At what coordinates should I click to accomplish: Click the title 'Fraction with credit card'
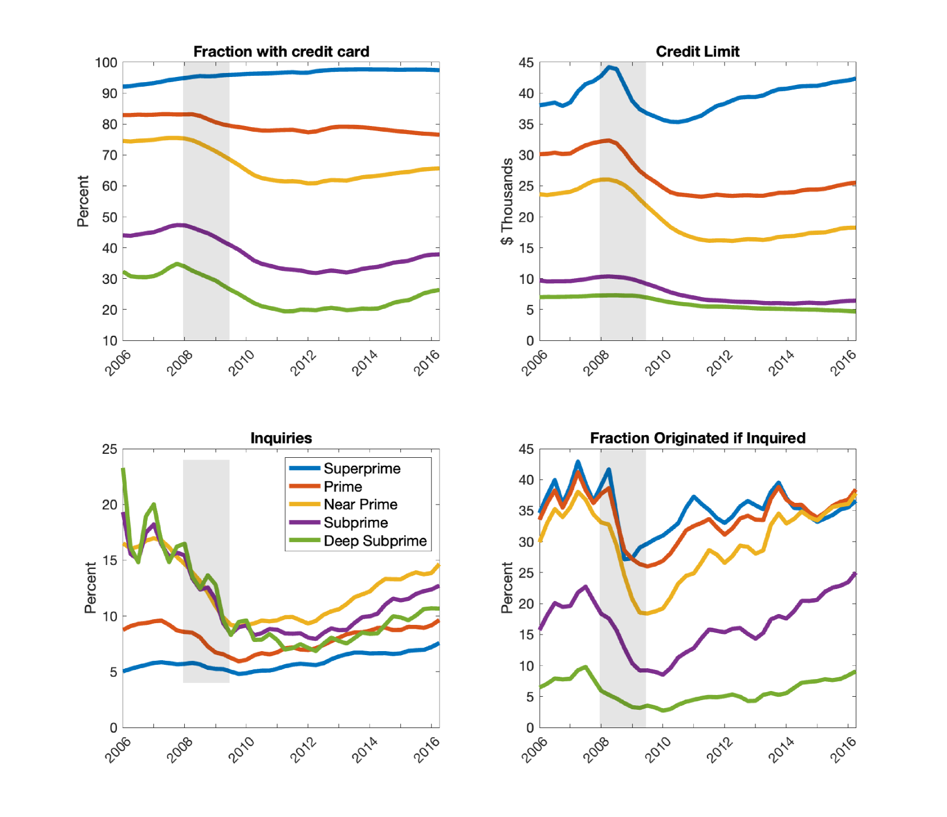[281, 52]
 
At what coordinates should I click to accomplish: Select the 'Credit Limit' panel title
[697, 52]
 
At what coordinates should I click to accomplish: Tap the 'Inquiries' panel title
[281, 438]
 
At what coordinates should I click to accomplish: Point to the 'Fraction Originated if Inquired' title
[697, 438]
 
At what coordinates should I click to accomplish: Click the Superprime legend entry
[361, 469]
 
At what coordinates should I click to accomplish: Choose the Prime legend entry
[343, 487]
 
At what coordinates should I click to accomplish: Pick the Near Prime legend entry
[360, 505]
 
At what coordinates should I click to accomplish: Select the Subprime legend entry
[356, 523]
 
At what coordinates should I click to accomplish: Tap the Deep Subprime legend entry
[375, 541]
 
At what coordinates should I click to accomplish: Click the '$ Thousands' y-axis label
[507, 201]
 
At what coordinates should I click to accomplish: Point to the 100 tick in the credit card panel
[106, 63]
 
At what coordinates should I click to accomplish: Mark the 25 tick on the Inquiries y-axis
[109, 449]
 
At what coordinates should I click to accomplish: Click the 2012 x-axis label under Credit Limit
[720, 363]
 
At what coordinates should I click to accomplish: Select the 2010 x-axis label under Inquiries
[241, 750]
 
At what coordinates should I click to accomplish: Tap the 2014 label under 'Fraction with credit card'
[365, 363]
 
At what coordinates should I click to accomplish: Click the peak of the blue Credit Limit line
[609, 67]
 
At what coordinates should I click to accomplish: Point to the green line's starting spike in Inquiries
[123, 470]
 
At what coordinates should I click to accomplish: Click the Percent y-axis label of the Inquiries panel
[90, 588]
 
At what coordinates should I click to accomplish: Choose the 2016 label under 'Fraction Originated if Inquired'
[843, 750]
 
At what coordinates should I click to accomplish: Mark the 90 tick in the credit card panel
[109, 94]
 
